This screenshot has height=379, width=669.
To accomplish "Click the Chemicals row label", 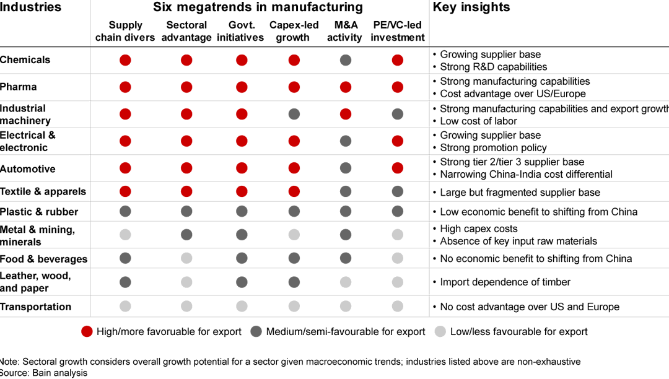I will (x=25, y=60).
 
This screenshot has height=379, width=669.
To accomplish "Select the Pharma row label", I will (x=19, y=87).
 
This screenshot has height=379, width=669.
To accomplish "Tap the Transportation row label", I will (x=36, y=307).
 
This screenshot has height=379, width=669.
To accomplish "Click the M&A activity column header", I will (x=344, y=31).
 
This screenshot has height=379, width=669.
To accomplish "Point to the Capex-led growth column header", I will (x=294, y=31).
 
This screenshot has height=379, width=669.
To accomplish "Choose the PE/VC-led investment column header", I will (x=398, y=31).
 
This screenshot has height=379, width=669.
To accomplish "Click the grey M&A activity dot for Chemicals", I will (x=346, y=60).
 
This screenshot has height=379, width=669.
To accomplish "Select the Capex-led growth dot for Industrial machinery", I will (x=294, y=114).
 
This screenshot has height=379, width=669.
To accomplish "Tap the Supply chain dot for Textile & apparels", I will (x=125, y=191).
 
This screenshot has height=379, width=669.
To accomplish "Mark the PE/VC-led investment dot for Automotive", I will (x=398, y=168).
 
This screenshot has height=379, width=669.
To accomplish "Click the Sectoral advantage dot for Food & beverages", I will (x=186, y=258).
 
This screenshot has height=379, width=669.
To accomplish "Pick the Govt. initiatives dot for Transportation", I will (x=242, y=307).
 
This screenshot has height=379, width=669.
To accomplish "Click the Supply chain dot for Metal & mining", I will (x=125, y=235).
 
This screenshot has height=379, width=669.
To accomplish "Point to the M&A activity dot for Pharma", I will (x=346, y=87).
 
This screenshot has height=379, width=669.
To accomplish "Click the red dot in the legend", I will (x=87, y=331).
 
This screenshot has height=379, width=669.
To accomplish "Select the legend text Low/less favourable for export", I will (x=518, y=331).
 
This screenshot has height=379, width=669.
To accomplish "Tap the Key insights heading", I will (x=471, y=7).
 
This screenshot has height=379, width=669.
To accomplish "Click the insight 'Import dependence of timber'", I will (x=505, y=282).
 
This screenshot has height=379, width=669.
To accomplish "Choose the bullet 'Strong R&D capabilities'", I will (x=493, y=67).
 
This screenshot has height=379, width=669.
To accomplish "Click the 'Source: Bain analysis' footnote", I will (x=44, y=373).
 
